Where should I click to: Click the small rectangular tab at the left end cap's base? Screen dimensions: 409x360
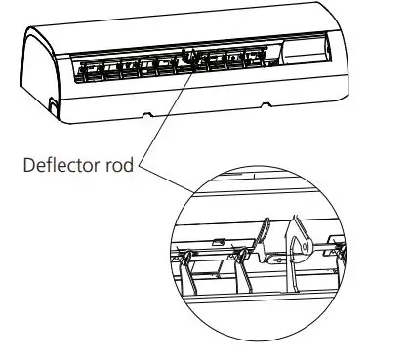tap(52, 100)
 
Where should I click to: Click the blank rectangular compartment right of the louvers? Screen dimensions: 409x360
tap(311, 46)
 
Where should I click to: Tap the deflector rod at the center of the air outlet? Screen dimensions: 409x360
tap(192, 59)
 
